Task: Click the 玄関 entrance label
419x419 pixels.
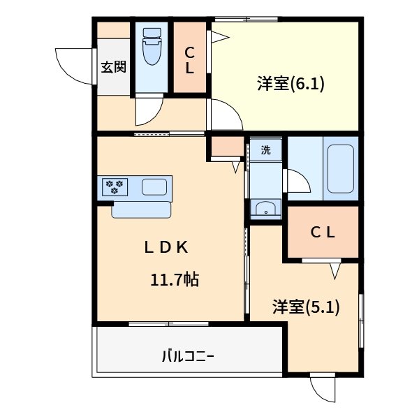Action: click(x=113, y=67)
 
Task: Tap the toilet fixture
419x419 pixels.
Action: click(x=151, y=47)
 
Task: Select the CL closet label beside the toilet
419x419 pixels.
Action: click(x=189, y=60)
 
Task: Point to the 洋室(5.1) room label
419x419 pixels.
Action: click(x=306, y=307)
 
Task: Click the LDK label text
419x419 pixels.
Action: click(x=167, y=247)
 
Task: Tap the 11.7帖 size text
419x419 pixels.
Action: click(x=175, y=280)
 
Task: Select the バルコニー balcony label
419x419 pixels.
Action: click(x=188, y=357)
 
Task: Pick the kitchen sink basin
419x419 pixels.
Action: click(x=154, y=187)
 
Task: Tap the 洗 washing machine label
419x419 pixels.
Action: click(x=265, y=149)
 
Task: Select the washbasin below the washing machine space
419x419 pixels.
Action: click(x=265, y=209)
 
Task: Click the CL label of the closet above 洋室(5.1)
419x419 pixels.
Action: click(x=323, y=233)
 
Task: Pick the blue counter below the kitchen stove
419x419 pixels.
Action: click(x=141, y=209)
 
